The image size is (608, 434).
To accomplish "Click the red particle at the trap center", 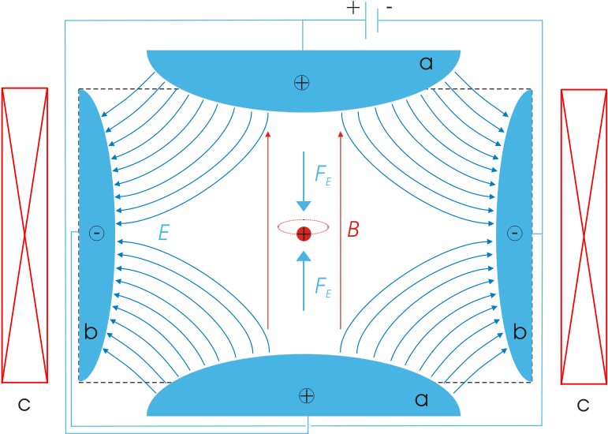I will tap(304, 233).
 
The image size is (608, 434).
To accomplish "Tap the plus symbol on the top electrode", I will tap(300, 82).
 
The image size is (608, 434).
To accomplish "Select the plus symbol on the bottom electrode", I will tap(306, 395).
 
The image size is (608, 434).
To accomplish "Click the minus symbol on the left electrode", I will tap(96, 233).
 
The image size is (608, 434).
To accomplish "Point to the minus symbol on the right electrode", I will tap(514, 233).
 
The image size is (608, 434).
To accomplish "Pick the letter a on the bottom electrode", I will tap(421, 400).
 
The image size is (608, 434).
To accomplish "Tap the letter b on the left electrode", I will tap(91, 332).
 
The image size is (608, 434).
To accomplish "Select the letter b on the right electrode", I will tap(520, 332).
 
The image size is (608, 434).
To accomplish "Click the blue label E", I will tap(163, 233).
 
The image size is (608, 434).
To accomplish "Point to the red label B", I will tap(353, 230).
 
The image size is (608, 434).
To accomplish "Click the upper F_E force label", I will tap(323, 175).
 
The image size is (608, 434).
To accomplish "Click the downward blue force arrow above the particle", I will tap(304, 181).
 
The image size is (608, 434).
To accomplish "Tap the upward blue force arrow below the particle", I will tap(304, 280).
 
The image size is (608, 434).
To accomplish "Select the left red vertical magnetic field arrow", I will tap(269, 229).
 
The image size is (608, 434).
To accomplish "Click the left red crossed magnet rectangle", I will tap(24, 235).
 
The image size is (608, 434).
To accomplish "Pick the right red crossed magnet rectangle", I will tap(584, 236).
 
